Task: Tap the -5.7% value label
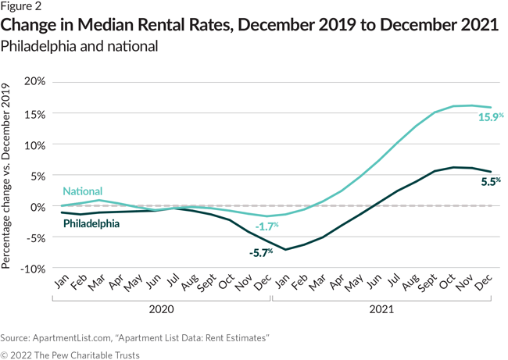(260, 253)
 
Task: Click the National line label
(82, 191)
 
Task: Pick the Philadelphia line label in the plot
(91, 223)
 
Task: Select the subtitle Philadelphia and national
(80, 46)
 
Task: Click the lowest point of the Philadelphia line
(287, 250)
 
